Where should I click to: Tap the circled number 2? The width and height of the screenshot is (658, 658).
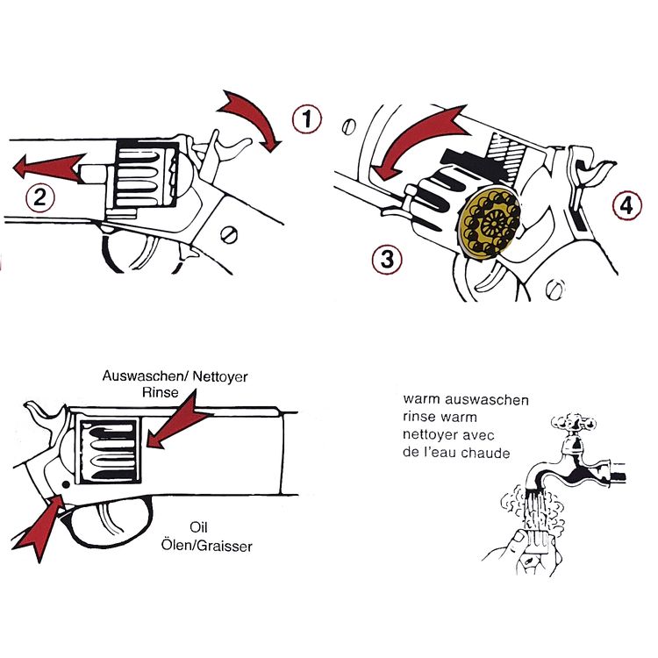tap(37, 198)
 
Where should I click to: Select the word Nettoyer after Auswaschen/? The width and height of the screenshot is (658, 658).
tap(218, 375)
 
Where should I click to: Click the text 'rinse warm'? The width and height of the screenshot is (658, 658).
tap(438, 418)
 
